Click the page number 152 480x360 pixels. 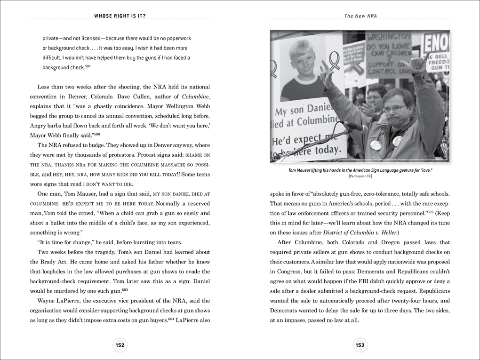[x=120, y=345]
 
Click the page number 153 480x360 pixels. [x=360, y=345]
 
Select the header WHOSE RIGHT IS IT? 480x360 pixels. [x=120, y=16]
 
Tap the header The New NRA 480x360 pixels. [x=360, y=16]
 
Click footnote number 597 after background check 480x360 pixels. [x=88, y=66]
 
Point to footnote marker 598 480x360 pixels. [x=96, y=134]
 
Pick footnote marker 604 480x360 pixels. [x=171, y=319]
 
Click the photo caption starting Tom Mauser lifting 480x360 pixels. [x=360, y=170]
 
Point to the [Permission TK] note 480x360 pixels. [x=360, y=176]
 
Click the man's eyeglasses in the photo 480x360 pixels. [x=392, y=109]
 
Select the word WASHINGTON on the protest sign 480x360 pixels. [x=388, y=37]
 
